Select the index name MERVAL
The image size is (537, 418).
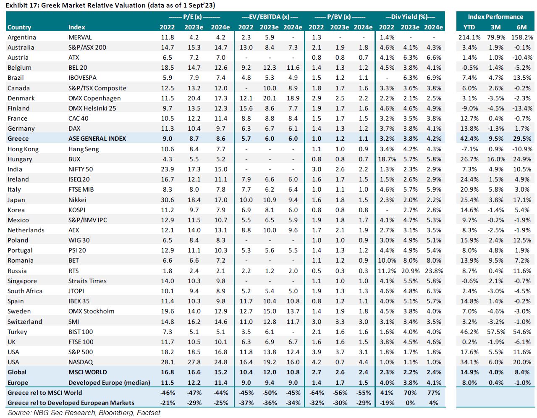click(x=80, y=37)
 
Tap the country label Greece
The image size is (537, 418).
click(x=18, y=139)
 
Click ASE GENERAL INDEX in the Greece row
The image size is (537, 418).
click(x=97, y=139)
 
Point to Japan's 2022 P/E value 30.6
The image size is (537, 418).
click(x=167, y=200)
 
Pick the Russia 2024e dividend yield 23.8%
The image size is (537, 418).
click(x=433, y=271)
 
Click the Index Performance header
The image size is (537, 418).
click(x=495, y=17)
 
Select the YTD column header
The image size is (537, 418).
click(x=469, y=27)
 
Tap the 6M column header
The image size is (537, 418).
click(x=521, y=27)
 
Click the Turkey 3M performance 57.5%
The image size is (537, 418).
click(x=496, y=332)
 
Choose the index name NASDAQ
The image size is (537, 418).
click(x=81, y=362)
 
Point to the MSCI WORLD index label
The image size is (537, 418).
click(x=87, y=372)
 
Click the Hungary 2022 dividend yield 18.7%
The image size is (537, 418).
click(x=387, y=159)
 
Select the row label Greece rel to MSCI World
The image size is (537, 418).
click(x=45, y=393)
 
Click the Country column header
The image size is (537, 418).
click(x=19, y=27)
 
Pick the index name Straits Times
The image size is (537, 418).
click(x=87, y=281)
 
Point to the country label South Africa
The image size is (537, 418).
click(x=25, y=291)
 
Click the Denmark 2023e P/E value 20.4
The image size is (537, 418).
click(x=194, y=98)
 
